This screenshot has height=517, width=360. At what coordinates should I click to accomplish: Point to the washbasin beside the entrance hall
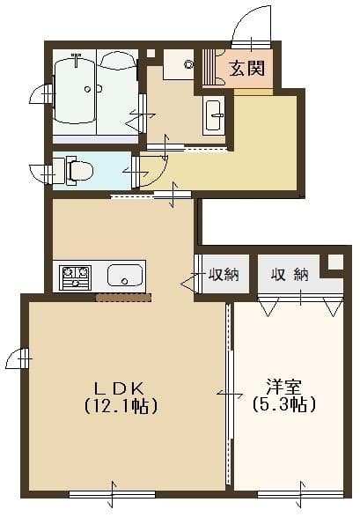pyautogui.click(x=214, y=116)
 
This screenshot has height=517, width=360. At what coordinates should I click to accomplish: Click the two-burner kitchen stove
pyautogui.click(x=74, y=277)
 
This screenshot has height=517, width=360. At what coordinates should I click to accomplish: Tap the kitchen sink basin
pyautogui.click(x=125, y=277)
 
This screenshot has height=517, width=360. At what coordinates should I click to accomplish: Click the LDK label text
pyautogui.click(x=120, y=388)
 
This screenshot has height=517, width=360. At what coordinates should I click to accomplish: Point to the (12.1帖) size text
pyautogui.click(x=120, y=406)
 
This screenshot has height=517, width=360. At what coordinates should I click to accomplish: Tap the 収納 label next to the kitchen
pyautogui.click(x=224, y=275)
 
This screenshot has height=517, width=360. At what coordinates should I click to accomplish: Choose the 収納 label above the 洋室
pyautogui.click(x=290, y=275)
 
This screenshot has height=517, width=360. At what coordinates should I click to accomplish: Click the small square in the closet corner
pyautogui.click(x=334, y=262)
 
